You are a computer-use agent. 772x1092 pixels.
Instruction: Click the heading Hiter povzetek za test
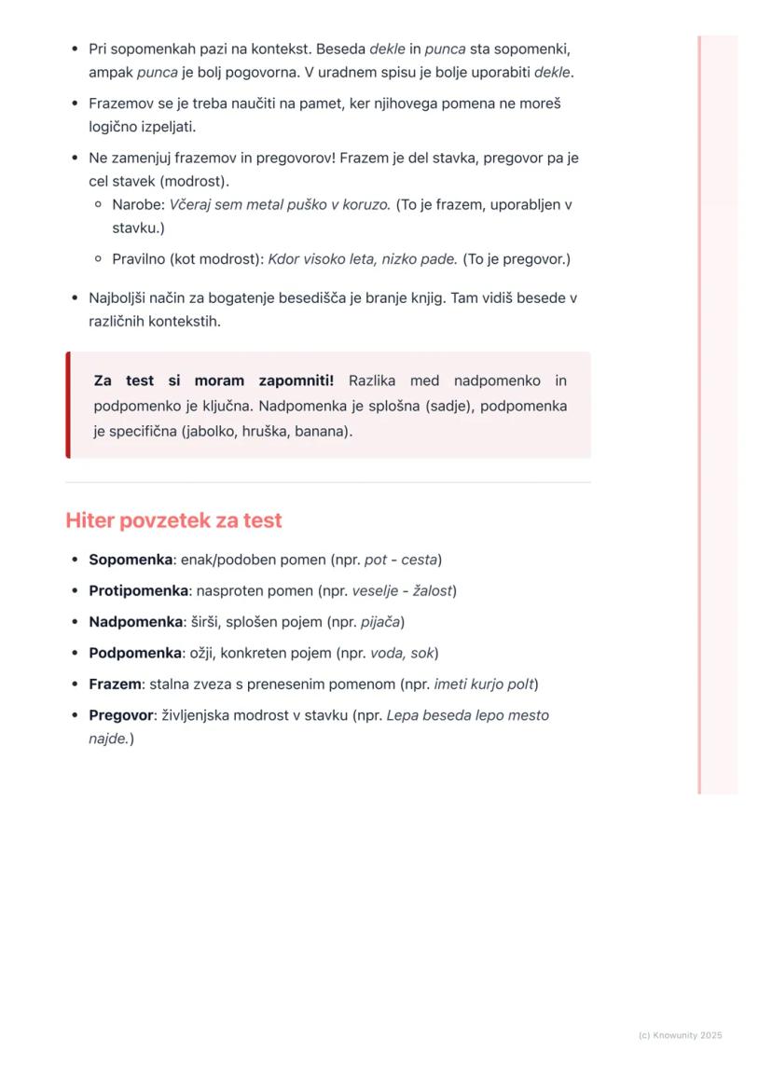[x=173, y=520]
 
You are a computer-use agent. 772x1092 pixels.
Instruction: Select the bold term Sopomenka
[x=131, y=560]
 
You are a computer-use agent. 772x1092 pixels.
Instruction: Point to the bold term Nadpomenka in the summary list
[x=135, y=621]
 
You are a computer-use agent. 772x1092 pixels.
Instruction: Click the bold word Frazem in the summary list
[x=115, y=684]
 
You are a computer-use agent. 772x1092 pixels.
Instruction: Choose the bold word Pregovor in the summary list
[x=120, y=715]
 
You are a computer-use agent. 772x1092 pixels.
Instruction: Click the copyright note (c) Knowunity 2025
[x=680, y=1035]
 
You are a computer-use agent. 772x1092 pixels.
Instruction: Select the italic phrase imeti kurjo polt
[x=483, y=684]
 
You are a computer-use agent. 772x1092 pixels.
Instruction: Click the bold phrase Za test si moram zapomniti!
[x=214, y=380]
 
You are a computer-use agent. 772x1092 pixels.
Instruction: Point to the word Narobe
[x=136, y=204]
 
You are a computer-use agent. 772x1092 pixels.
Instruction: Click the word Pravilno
[x=139, y=259]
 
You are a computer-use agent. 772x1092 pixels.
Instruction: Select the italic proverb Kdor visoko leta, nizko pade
[x=363, y=259]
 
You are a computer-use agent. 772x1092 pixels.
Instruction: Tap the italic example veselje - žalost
[x=402, y=590]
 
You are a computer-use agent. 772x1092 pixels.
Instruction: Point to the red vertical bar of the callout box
[x=68, y=405]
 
